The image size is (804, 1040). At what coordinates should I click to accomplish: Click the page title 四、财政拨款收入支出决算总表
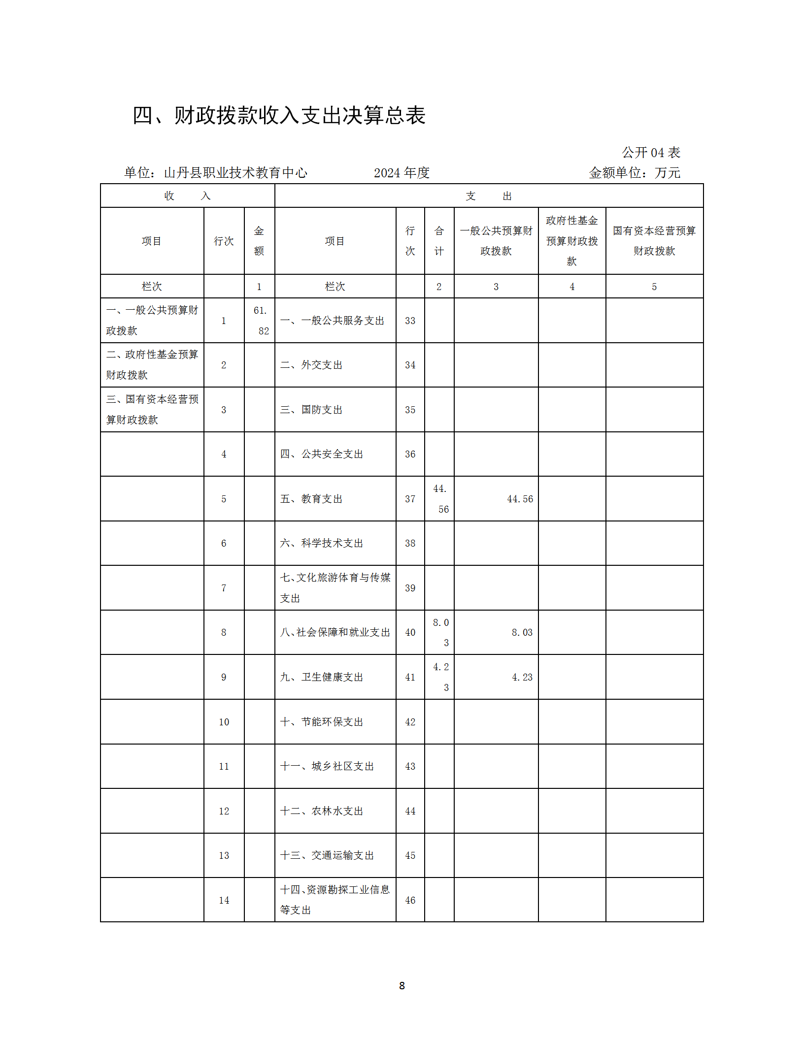(x=279, y=116)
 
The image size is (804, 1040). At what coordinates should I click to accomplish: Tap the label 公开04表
(x=650, y=153)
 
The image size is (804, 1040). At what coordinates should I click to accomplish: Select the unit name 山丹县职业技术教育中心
(x=235, y=173)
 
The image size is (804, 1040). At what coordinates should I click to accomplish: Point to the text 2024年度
(x=402, y=173)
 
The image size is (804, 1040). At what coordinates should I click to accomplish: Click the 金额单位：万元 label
(x=635, y=173)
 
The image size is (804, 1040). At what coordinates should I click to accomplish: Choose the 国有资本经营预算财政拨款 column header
(x=654, y=241)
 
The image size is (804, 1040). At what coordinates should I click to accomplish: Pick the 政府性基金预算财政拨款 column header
(x=571, y=241)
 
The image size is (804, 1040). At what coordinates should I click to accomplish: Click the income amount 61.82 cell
(x=260, y=321)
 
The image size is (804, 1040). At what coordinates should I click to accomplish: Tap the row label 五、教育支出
(x=311, y=499)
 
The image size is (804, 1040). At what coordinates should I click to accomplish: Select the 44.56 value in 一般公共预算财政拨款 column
(x=520, y=499)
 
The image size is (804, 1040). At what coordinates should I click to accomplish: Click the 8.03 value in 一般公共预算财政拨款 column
(x=522, y=632)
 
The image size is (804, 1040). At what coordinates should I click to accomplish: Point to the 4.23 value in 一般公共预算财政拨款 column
(x=522, y=677)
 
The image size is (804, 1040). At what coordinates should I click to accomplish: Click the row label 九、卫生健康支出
(x=321, y=677)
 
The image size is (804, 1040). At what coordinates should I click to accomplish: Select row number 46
(x=410, y=900)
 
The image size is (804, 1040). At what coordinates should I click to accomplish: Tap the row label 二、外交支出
(x=311, y=365)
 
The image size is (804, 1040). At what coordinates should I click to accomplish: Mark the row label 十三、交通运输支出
(x=327, y=855)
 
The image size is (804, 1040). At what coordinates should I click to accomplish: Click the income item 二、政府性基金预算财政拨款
(x=152, y=365)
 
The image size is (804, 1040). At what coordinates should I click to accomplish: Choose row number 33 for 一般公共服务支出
(x=410, y=321)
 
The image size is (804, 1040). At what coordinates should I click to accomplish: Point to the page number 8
(x=402, y=985)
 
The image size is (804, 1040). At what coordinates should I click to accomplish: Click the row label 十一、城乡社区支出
(x=327, y=766)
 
